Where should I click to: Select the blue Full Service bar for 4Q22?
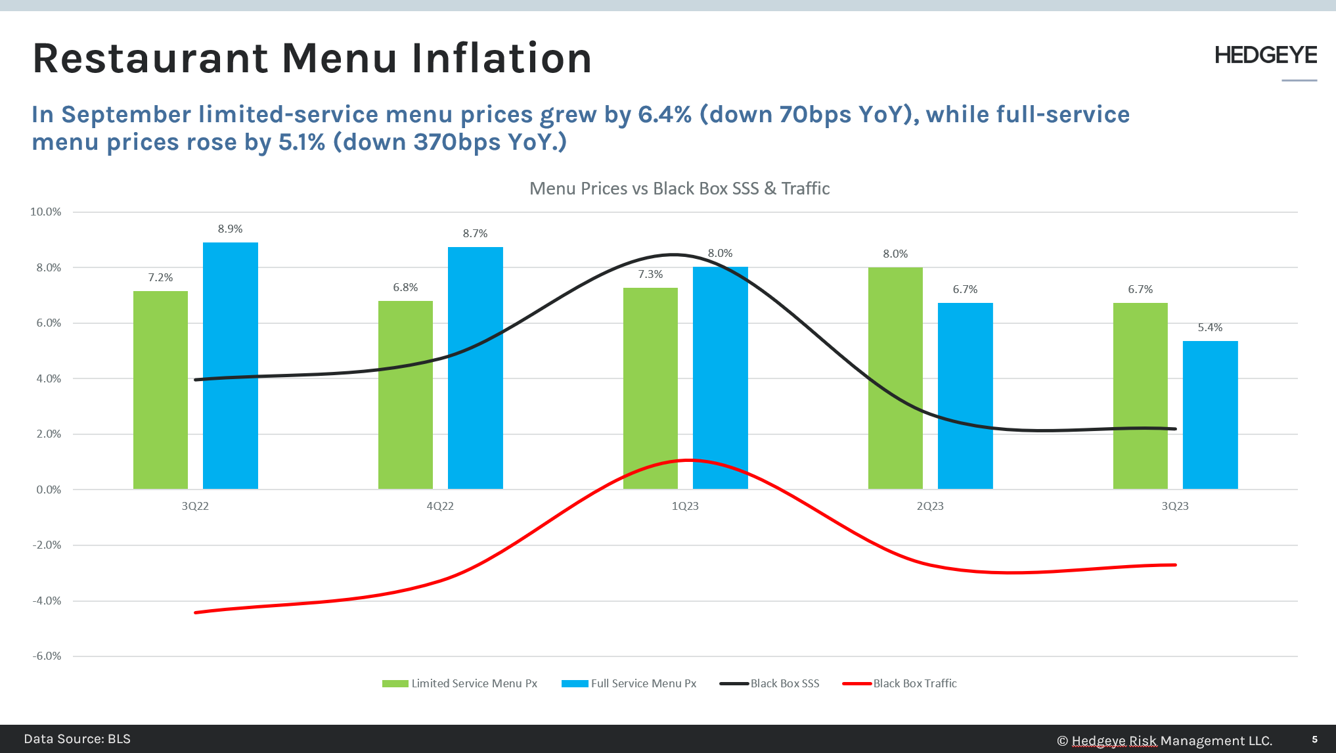click(x=475, y=368)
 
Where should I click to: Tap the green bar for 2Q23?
click(x=895, y=378)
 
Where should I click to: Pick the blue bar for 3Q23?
click(x=1210, y=415)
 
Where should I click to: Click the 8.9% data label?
click(x=230, y=229)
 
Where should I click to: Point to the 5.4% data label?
click(x=1210, y=327)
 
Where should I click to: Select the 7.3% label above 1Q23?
click(x=650, y=274)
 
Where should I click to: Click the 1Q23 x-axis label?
click(x=685, y=506)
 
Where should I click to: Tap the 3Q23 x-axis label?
click(x=1175, y=506)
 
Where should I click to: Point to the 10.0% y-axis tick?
click(x=45, y=212)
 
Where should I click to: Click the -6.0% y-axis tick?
click(x=47, y=656)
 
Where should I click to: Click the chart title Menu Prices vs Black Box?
click(x=679, y=189)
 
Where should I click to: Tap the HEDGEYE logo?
click(x=1265, y=55)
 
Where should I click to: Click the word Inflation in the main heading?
click(x=501, y=58)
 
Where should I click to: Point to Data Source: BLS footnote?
click(x=78, y=739)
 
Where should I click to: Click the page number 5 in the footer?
click(x=1314, y=739)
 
